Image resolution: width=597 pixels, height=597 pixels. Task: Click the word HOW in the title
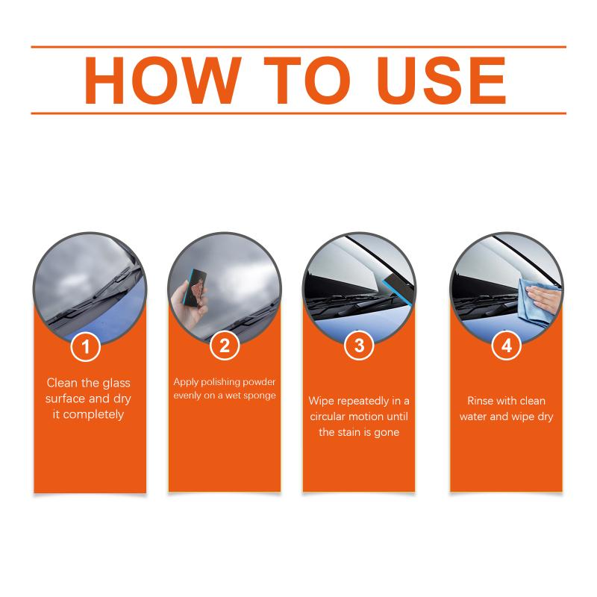point(163,81)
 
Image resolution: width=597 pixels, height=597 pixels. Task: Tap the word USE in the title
point(442,81)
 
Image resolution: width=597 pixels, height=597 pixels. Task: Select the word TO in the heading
point(307,81)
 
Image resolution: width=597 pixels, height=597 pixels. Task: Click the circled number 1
point(86,346)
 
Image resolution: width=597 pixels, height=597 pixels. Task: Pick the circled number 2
point(225,346)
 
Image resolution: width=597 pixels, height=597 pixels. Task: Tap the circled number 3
point(359,346)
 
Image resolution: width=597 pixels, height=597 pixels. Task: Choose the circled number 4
point(507,346)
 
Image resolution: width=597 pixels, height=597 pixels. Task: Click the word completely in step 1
point(94,415)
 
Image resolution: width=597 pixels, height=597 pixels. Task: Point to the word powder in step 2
point(259,382)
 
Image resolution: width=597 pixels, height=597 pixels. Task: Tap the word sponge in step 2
point(260,396)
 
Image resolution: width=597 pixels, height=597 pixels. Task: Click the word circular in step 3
point(331,416)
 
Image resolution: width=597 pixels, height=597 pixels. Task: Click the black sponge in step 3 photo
point(398,290)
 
